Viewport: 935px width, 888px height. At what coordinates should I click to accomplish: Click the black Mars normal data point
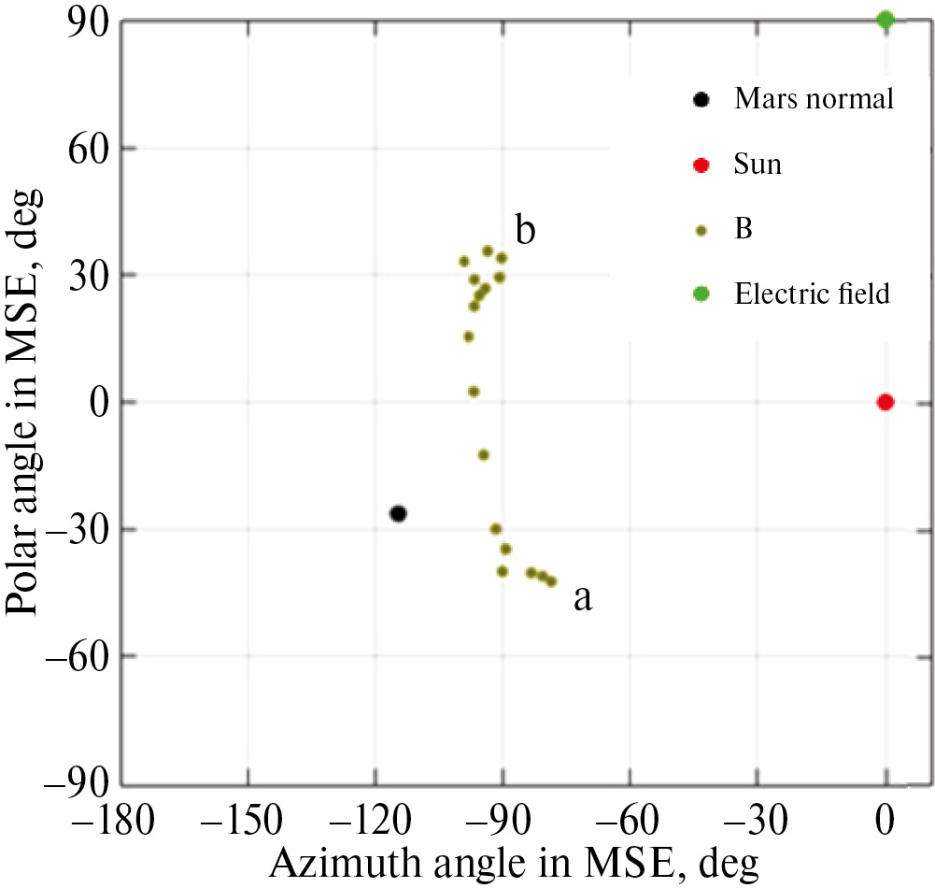[x=398, y=513]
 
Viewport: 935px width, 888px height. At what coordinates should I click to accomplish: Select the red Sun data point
[x=885, y=402]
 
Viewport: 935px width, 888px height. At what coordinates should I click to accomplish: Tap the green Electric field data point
[x=885, y=19]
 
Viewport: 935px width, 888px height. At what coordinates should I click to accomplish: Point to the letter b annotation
[x=525, y=230]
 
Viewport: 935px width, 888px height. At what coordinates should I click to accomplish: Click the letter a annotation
[x=582, y=599]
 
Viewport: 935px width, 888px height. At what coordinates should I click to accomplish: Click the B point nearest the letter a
[x=551, y=581]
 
